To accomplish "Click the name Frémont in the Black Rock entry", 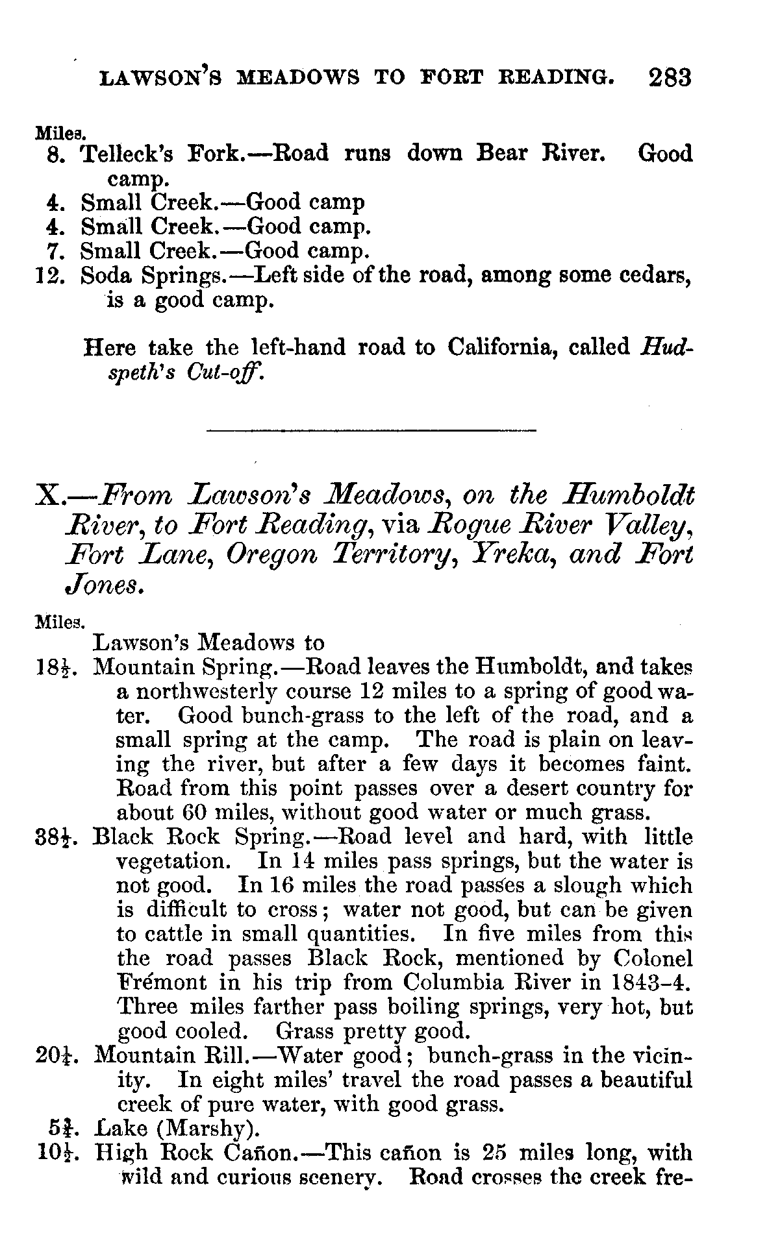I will pos(155,982).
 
